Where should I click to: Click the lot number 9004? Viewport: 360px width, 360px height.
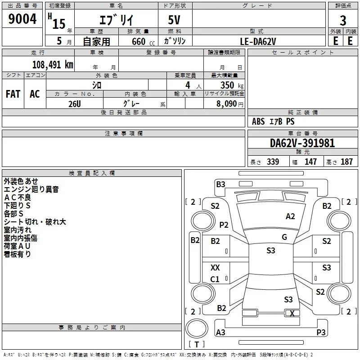[x=22, y=19]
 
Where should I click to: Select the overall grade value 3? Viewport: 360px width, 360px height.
[x=343, y=21]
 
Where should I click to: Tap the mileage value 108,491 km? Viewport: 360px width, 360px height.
[x=53, y=65]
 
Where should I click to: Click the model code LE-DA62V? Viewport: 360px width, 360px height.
[x=258, y=41]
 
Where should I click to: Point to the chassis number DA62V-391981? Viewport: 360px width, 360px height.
[x=302, y=143]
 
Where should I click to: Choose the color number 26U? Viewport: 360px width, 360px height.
[x=75, y=104]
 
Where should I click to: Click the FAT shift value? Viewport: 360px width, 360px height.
[x=13, y=94]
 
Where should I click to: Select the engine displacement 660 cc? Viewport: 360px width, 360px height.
[x=143, y=41]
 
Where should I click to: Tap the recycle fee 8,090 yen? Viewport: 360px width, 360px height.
[x=229, y=104]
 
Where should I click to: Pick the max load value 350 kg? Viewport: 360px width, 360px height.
[x=232, y=85]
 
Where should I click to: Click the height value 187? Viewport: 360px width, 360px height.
[x=346, y=162]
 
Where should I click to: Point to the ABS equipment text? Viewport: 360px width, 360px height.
[x=258, y=121]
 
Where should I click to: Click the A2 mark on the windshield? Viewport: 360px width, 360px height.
[x=290, y=216]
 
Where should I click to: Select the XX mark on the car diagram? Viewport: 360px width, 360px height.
[x=215, y=267]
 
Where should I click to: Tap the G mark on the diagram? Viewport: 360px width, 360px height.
[x=284, y=237]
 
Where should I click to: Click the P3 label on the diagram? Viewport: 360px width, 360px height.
[x=321, y=332]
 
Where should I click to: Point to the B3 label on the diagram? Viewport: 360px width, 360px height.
[x=220, y=184]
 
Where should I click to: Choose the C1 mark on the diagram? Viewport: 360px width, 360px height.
[x=215, y=279]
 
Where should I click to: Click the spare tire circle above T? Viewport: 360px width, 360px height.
[x=197, y=328]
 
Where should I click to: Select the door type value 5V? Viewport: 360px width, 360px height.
[x=174, y=20]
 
